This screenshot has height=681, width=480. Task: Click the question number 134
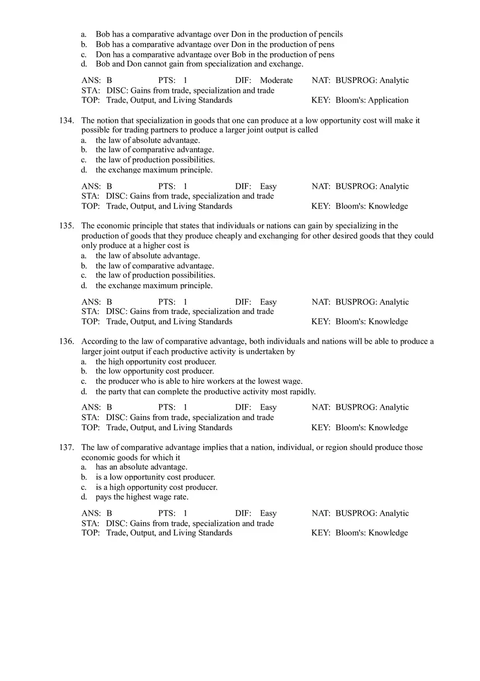coord(67,120)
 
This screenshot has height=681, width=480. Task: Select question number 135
coord(67,226)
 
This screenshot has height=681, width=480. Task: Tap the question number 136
coord(67,341)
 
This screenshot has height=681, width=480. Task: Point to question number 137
coord(67,447)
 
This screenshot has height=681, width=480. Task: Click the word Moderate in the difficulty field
coord(276,80)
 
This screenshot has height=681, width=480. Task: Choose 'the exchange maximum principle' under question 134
coord(154,170)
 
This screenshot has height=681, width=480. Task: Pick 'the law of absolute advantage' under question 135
coord(148,255)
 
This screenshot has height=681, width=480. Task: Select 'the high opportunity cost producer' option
coord(156,362)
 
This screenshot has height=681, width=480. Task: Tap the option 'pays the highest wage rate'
coord(142,497)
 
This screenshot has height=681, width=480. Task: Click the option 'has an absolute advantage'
coord(142,467)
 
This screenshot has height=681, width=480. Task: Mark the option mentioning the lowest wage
coord(199,381)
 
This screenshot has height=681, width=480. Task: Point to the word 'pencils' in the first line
coord(330,34)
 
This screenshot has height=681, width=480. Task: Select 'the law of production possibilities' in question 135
coord(155,275)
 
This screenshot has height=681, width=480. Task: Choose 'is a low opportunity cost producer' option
coord(155,477)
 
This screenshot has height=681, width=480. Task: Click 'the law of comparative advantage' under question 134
coord(155,150)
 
